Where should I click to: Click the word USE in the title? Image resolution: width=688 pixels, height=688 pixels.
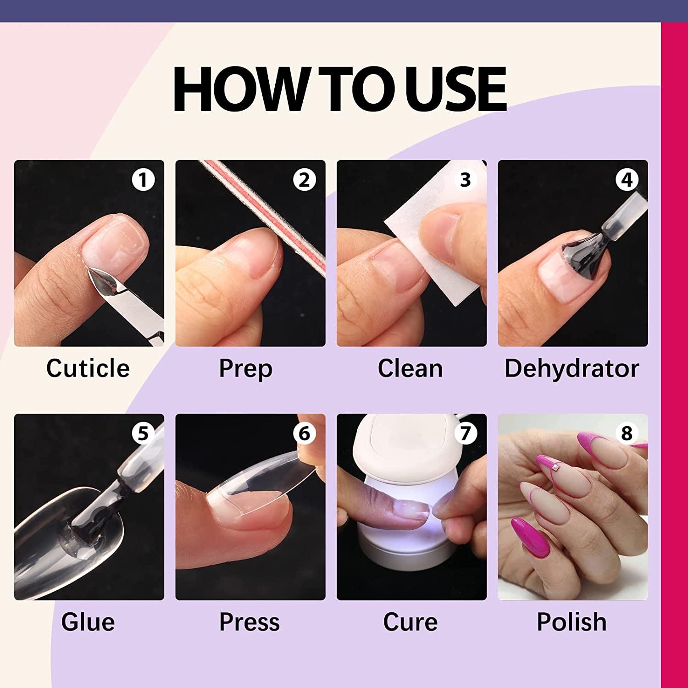click(x=455, y=89)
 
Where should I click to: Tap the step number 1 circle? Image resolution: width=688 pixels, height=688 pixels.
click(x=143, y=180)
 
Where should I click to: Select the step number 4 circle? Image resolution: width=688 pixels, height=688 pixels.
click(x=627, y=180)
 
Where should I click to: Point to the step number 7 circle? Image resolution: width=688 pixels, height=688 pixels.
click(x=466, y=433)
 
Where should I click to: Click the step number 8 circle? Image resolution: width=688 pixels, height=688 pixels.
click(x=627, y=433)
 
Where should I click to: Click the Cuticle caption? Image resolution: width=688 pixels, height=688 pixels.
click(x=88, y=368)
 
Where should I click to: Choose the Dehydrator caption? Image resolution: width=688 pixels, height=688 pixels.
click(x=572, y=368)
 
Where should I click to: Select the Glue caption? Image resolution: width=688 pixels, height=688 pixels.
click(x=88, y=622)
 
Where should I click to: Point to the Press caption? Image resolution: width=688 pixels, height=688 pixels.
click(x=249, y=622)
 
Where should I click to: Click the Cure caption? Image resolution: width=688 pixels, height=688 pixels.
click(x=411, y=622)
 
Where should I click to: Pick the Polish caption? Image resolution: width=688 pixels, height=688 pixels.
click(x=572, y=622)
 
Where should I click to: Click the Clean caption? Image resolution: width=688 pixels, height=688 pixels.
click(x=411, y=368)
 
